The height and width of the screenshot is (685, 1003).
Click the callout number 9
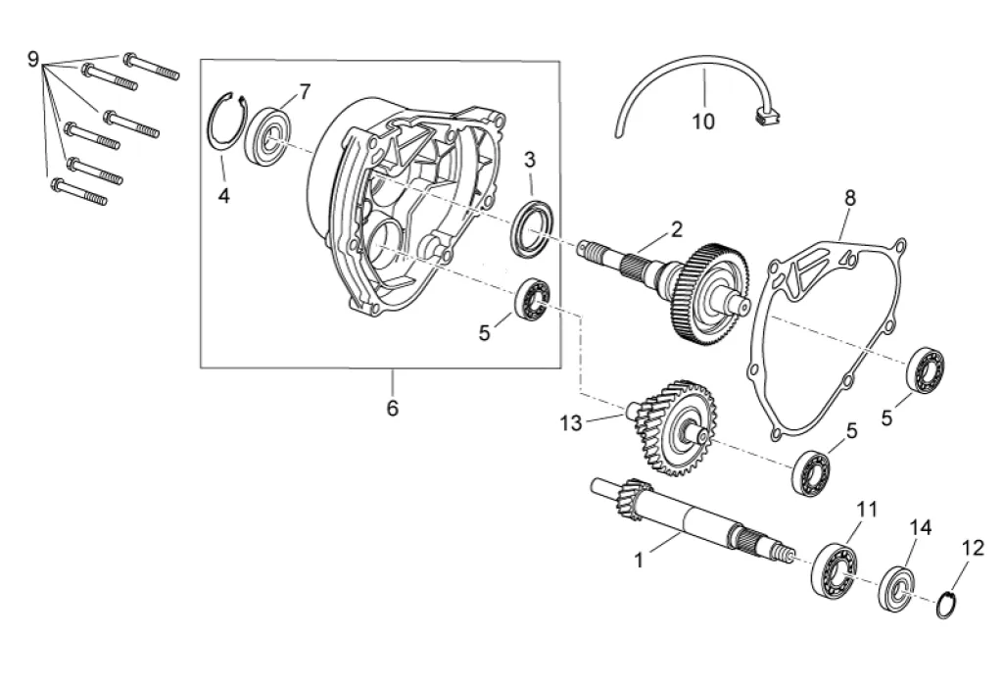tap(33, 60)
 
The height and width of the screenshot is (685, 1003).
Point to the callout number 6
tap(393, 407)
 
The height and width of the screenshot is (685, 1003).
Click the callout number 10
tap(703, 121)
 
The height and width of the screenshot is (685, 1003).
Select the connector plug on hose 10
tap(768, 116)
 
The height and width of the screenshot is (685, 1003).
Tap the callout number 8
tap(849, 198)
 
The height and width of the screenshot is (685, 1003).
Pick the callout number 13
tap(571, 422)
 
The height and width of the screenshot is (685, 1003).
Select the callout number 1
tap(639, 561)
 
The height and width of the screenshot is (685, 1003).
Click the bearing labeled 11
tap(835, 570)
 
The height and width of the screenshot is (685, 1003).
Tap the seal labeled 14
tap(897, 588)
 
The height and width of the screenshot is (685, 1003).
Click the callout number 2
tap(677, 229)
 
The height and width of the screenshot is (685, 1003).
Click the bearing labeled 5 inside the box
tap(533, 299)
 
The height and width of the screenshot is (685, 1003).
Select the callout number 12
tap(973, 548)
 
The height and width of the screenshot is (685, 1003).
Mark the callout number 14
tap(921, 527)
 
